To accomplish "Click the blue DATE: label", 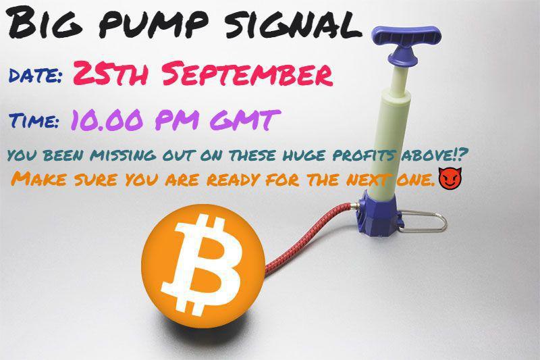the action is pyautogui.click(x=35, y=75).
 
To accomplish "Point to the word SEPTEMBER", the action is pyautogui.click(x=248, y=74).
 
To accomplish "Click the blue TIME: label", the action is pyautogui.click(x=34, y=121).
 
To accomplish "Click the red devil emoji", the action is pyautogui.click(x=450, y=178).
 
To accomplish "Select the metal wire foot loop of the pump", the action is pyautogui.click(x=425, y=221).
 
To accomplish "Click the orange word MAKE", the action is pyautogui.click(x=39, y=179).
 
